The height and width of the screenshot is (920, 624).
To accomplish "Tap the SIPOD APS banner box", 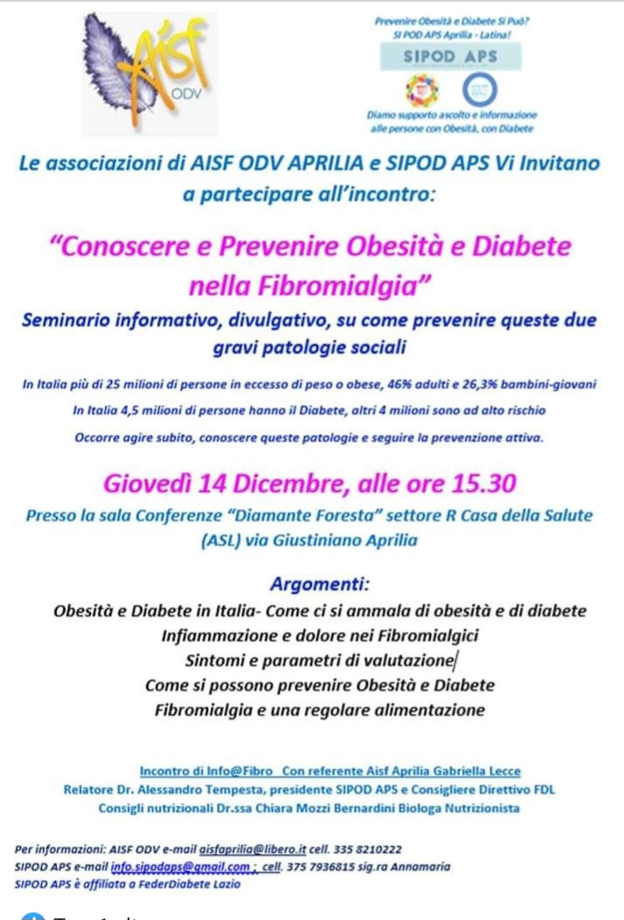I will pyautogui.click(x=450, y=57).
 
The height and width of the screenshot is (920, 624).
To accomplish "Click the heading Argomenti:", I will pyautogui.click(x=320, y=584).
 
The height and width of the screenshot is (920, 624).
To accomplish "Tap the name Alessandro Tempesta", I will pyautogui.click(x=198, y=789).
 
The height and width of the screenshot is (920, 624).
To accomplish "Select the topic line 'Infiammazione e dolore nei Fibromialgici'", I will pyautogui.click(x=320, y=634).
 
